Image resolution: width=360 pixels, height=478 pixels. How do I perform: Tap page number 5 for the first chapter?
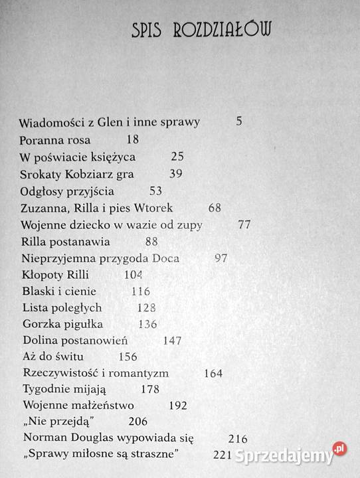[x=239, y=122]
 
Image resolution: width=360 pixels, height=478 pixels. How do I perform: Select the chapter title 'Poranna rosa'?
[x=56, y=140]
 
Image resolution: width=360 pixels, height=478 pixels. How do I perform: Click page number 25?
[x=177, y=157]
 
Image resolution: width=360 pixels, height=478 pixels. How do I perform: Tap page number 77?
[x=244, y=225]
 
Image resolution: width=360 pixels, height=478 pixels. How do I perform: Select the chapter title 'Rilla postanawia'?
[x=66, y=242]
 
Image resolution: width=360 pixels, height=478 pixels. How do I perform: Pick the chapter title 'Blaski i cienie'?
[x=58, y=291]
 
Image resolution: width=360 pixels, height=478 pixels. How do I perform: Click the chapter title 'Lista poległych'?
[x=62, y=308]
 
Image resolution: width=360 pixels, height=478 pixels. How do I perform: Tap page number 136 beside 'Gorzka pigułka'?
[x=147, y=325]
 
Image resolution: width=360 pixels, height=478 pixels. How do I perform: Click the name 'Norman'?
[x=45, y=438]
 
